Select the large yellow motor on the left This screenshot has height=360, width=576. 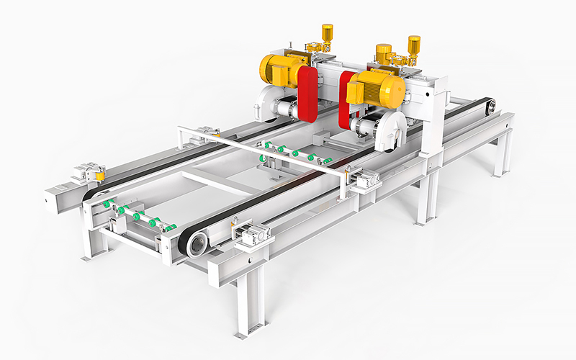(278, 71)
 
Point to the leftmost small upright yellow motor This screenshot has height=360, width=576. (327, 33)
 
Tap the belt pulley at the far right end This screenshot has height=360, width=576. (492, 107)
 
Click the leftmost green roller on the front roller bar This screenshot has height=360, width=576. (107, 204)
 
